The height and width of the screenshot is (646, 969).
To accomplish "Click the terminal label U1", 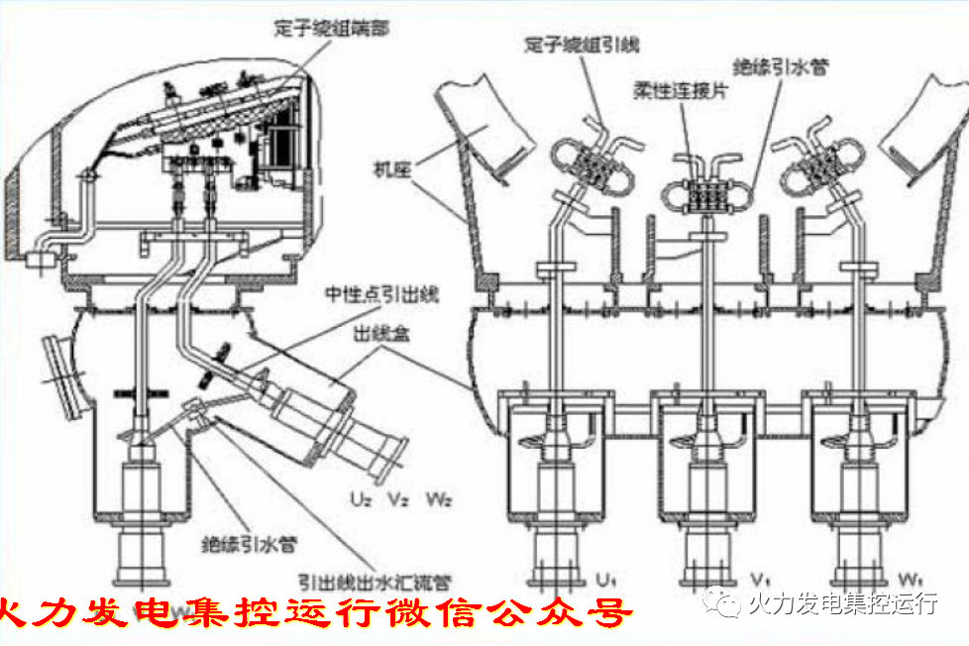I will [604, 578].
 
